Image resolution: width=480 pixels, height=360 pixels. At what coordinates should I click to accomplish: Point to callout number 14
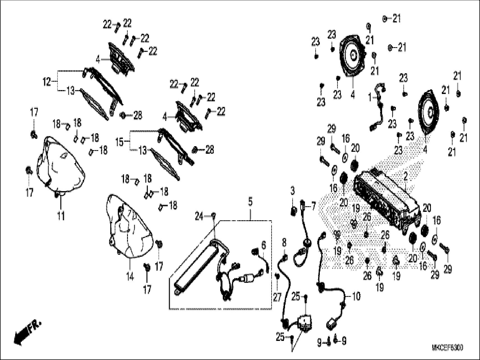(130, 277)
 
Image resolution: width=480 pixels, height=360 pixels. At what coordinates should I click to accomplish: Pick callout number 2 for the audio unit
(405, 177)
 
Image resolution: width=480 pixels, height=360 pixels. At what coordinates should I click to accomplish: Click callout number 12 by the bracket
(47, 82)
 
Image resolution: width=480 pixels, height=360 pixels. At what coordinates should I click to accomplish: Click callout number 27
(277, 297)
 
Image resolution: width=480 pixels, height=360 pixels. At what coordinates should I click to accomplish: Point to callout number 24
(199, 217)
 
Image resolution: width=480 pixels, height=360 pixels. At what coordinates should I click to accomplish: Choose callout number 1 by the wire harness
(370, 97)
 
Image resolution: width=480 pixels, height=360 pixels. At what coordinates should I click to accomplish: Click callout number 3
(293, 191)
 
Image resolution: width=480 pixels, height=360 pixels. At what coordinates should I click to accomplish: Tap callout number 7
(313, 207)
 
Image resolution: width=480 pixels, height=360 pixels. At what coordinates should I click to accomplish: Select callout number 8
(284, 242)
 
